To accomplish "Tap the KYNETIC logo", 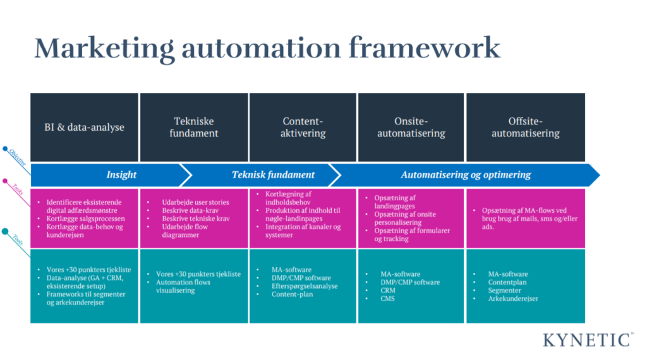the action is pos(588,340).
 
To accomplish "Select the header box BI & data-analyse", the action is pos(84,127).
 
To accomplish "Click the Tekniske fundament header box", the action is pos(194,127).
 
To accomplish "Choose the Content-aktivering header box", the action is pos(303,127).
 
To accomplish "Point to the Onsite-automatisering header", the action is pos(411,127).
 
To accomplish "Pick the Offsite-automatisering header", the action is pos(526,127).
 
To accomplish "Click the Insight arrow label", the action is pos(121,175).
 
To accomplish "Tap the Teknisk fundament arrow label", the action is pos(273,175).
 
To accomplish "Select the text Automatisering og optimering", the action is pos(466,175).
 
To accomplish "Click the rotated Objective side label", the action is pos(18,157).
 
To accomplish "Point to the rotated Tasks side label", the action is pos(18,189).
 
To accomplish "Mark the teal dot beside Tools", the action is pos(5,231).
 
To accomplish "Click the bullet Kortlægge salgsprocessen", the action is pos(85,219).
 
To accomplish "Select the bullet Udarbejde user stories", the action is pos(195,202).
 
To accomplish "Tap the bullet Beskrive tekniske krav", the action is pos(196,219).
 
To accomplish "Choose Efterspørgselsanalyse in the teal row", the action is pos(305,286).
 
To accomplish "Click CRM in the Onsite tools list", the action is pos(388,291).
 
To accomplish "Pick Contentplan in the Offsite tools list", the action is pos(507,282).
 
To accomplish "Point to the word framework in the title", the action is pos(425,47).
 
